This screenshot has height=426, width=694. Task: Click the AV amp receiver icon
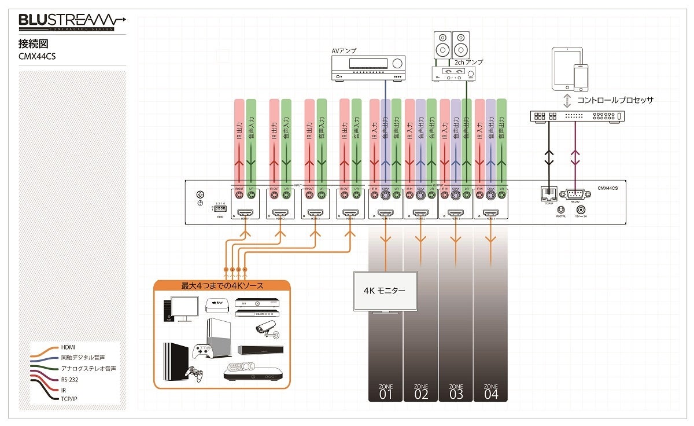[367, 68]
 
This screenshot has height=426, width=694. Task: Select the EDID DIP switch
[220, 208]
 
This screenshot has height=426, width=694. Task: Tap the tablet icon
[566, 68]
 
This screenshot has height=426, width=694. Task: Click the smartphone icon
[581, 78]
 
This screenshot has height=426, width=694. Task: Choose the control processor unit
[577, 116]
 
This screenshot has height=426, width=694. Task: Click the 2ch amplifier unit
[455, 73]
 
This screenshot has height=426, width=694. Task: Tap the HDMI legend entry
[68, 347]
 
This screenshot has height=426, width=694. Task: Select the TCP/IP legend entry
[69, 398]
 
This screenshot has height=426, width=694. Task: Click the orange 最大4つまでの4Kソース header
[222, 285]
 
